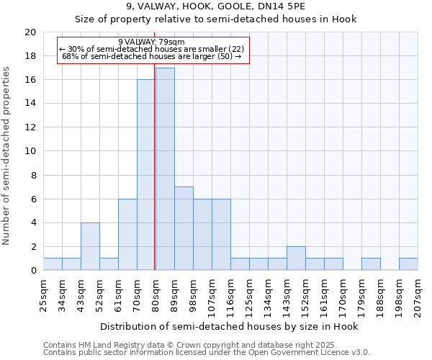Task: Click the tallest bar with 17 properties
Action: tap(165, 169)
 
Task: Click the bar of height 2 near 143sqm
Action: tap(296, 258)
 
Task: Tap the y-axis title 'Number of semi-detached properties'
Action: tap(7, 156)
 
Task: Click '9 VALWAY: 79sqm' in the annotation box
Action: tap(151, 42)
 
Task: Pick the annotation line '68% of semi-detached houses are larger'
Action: tap(151, 55)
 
